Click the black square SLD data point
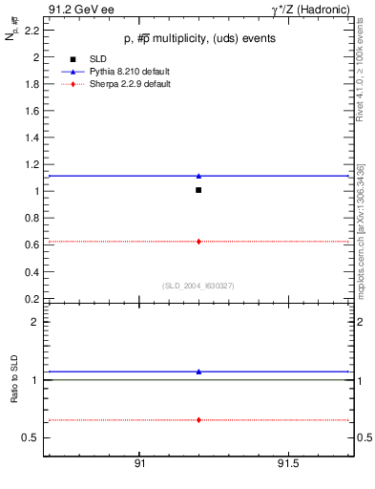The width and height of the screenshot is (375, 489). (x=198, y=190)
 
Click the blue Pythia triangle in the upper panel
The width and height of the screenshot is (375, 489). (x=198, y=176)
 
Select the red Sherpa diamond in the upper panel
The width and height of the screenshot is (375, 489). (x=198, y=242)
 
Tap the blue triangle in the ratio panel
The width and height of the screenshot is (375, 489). (x=198, y=372)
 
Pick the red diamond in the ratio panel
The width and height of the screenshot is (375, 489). (x=198, y=420)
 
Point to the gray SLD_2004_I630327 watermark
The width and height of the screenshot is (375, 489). (x=198, y=286)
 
